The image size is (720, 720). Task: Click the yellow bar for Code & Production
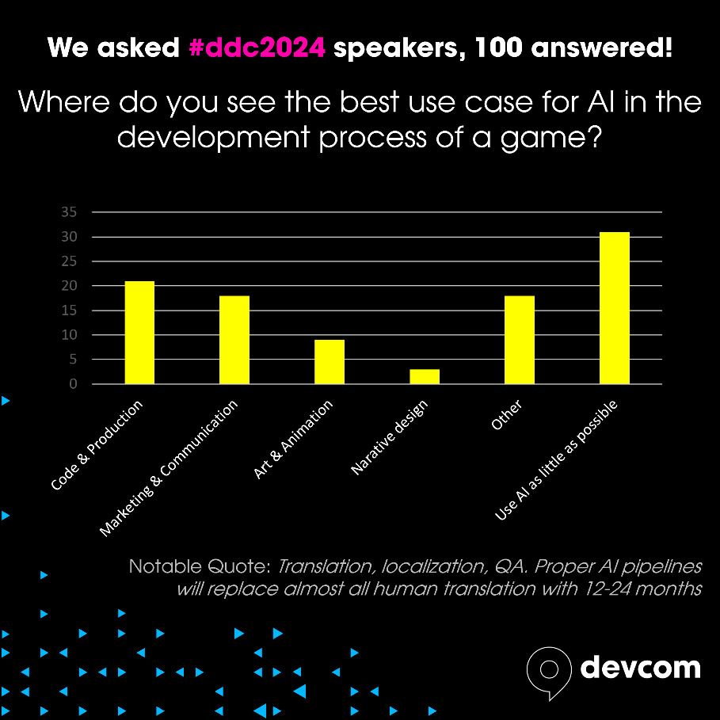tap(139, 333)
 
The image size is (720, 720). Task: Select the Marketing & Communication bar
tap(234, 340)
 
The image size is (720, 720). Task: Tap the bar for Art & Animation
tap(330, 362)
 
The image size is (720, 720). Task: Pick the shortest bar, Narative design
tap(425, 376)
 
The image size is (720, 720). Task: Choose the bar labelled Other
tap(520, 340)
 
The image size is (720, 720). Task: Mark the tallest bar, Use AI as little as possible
tap(615, 308)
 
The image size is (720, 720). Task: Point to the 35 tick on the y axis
tap(69, 211)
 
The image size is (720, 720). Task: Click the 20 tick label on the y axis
tap(69, 286)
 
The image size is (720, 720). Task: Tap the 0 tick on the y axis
tap(73, 384)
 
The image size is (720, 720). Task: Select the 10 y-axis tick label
tap(69, 335)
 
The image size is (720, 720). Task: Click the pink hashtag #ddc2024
tap(257, 48)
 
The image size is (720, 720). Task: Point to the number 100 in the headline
tap(499, 48)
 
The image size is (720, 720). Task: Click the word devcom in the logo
tap(641, 667)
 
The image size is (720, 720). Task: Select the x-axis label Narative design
tap(390, 437)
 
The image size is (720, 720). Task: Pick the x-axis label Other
tap(506, 414)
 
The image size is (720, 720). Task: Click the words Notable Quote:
tap(200, 566)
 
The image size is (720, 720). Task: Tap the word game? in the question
tap(551, 138)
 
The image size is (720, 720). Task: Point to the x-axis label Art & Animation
tap(293, 440)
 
